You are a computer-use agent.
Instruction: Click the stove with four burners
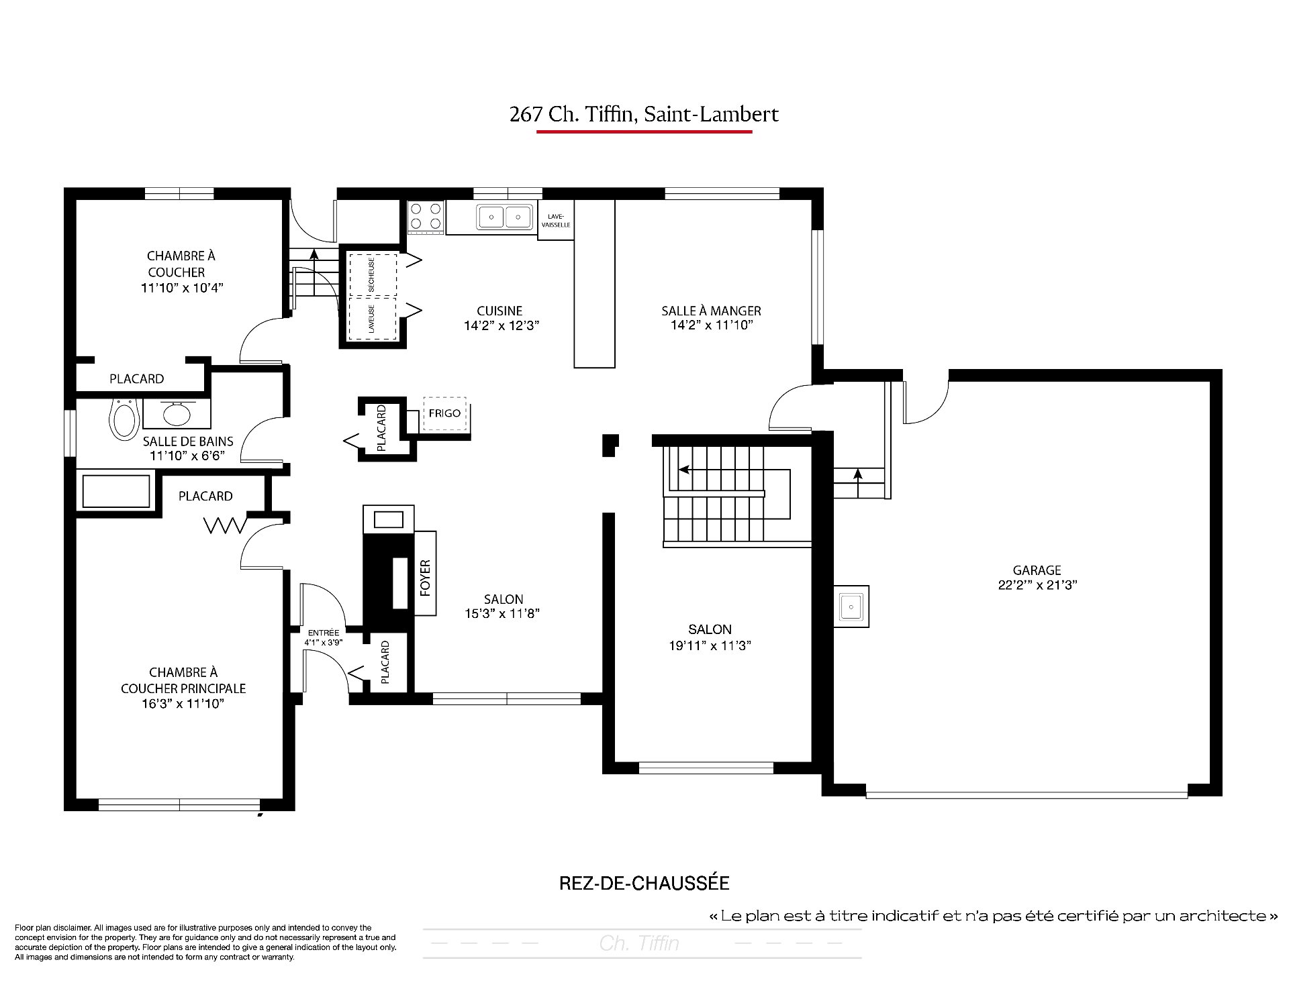click(426, 217)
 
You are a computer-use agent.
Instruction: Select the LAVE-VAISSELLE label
click(556, 220)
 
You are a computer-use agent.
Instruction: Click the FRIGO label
click(445, 413)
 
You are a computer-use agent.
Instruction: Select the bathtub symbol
click(116, 492)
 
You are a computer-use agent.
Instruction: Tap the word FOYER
click(425, 578)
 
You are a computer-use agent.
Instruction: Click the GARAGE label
click(1037, 570)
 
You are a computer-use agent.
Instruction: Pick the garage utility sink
click(851, 607)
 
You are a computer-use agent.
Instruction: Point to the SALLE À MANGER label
click(711, 311)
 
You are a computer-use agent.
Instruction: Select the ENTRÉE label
click(324, 633)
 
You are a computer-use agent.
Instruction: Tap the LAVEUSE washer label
click(371, 319)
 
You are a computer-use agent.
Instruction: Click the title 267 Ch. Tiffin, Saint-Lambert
click(644, 115)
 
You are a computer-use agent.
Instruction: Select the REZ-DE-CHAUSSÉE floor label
click(644, 883)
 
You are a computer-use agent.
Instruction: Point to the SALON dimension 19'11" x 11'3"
click(710, 645)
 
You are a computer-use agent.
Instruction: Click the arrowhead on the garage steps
click(857, 474)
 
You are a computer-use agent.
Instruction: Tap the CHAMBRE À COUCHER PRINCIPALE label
click(183, 680)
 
